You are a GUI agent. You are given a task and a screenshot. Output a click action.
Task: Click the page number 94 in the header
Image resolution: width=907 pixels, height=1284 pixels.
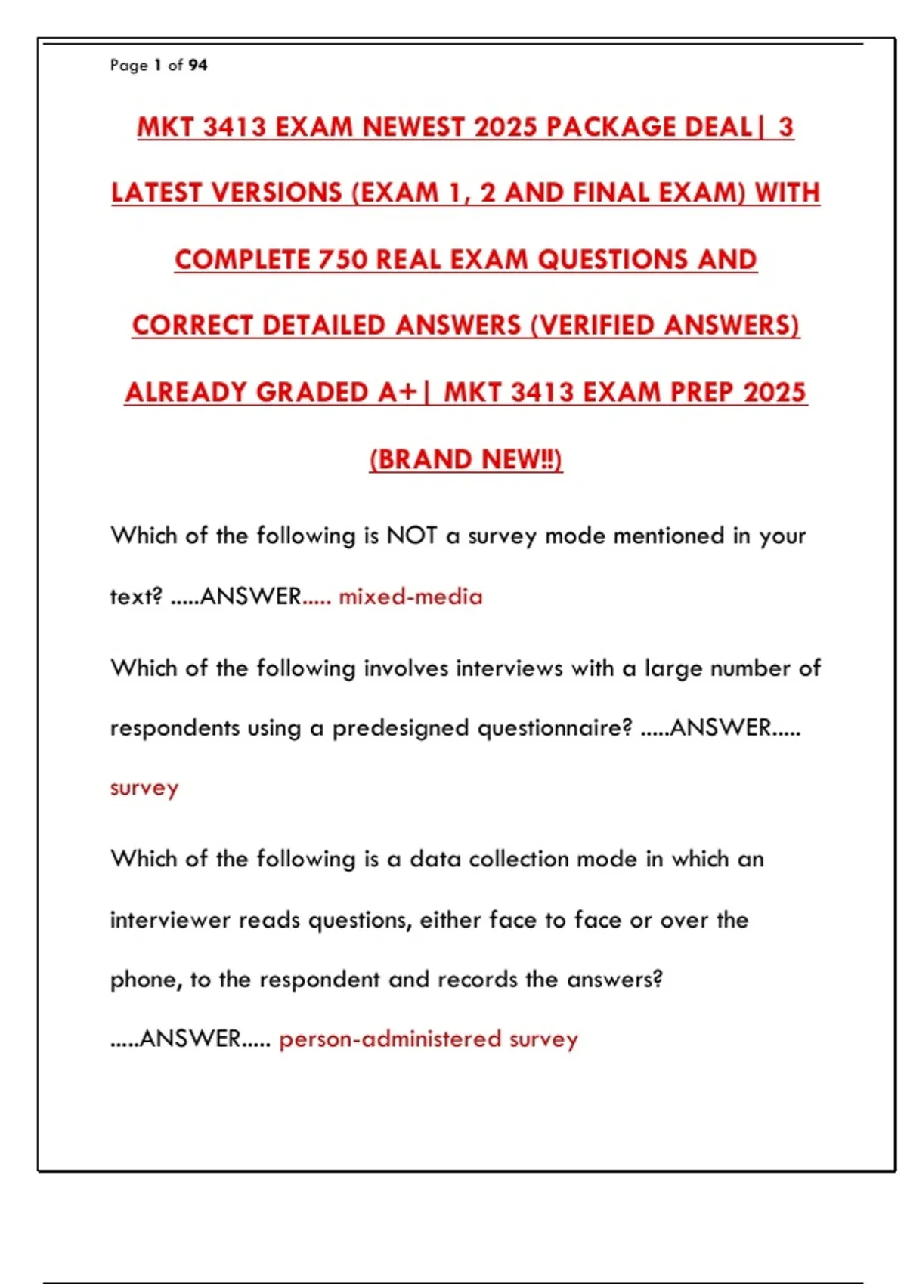(198, 66)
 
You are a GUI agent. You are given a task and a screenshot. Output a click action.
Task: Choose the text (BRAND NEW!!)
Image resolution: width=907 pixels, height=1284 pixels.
(466, 459)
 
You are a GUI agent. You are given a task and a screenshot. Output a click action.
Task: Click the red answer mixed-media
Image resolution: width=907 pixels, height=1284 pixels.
(410, 597)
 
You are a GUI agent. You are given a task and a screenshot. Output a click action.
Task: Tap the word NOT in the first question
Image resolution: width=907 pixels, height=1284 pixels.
(411, 536)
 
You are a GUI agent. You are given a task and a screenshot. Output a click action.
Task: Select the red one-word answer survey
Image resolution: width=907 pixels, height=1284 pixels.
(144, 789)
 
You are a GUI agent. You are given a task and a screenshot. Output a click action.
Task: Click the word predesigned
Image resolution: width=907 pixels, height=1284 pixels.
(401, 728)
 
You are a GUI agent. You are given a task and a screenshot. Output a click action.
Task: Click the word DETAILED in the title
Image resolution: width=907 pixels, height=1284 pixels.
(324, 326)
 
